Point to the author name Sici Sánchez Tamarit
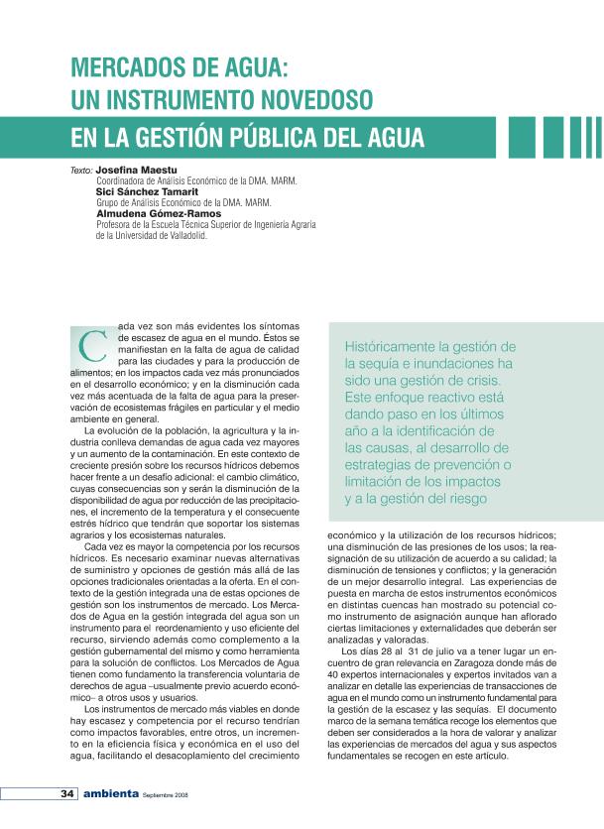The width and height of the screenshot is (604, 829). coord(145,191)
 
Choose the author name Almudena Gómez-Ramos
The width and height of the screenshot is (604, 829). coord(158,213)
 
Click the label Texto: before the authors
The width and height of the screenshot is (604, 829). coord(81,171)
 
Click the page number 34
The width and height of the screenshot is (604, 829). coord(67,794)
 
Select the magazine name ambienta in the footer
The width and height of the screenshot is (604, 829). coord(110,794)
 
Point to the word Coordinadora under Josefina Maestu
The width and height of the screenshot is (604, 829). coord(123,181)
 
